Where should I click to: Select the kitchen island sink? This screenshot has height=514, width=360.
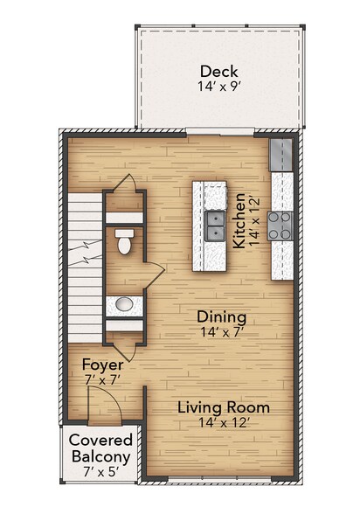[214, 226]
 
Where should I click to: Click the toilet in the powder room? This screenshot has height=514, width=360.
[125, 242]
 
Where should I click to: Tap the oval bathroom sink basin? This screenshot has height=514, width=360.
[124, 304]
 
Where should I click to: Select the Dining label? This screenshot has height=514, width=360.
[221, 316]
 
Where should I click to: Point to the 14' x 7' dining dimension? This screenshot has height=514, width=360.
[221, 333]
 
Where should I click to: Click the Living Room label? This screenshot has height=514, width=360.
[223, 408]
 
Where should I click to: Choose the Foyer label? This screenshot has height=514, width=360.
[100, 364]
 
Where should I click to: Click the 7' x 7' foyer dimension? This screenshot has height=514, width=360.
[100, 380]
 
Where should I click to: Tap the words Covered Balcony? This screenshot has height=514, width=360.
[100, 448]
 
